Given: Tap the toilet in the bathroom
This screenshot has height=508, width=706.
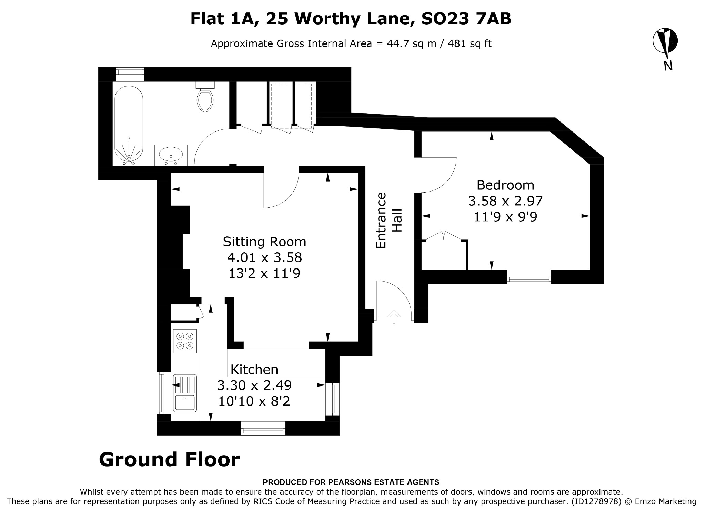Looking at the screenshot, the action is coord(205,97).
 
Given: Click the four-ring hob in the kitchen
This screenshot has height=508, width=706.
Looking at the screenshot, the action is coord(185,341).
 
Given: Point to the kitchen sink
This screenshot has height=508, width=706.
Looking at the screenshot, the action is coord(185,393).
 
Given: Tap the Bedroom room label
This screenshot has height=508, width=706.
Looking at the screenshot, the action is coord(505,185).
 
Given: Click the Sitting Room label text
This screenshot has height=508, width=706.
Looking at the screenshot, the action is coord(264,242).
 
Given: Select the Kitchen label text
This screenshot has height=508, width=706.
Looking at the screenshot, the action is coord(254,369).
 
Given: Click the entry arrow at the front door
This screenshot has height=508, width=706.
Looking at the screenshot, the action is coord(394,317).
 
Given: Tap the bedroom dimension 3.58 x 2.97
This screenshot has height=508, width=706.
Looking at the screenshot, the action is coord(505,201).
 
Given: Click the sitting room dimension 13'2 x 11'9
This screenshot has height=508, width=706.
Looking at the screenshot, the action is coord(264,273).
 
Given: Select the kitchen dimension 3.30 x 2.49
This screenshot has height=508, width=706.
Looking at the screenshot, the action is coord(254,385).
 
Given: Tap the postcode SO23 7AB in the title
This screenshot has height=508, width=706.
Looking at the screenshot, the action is coord(466,19).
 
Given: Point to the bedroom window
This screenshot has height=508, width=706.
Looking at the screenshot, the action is coord(529,277).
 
